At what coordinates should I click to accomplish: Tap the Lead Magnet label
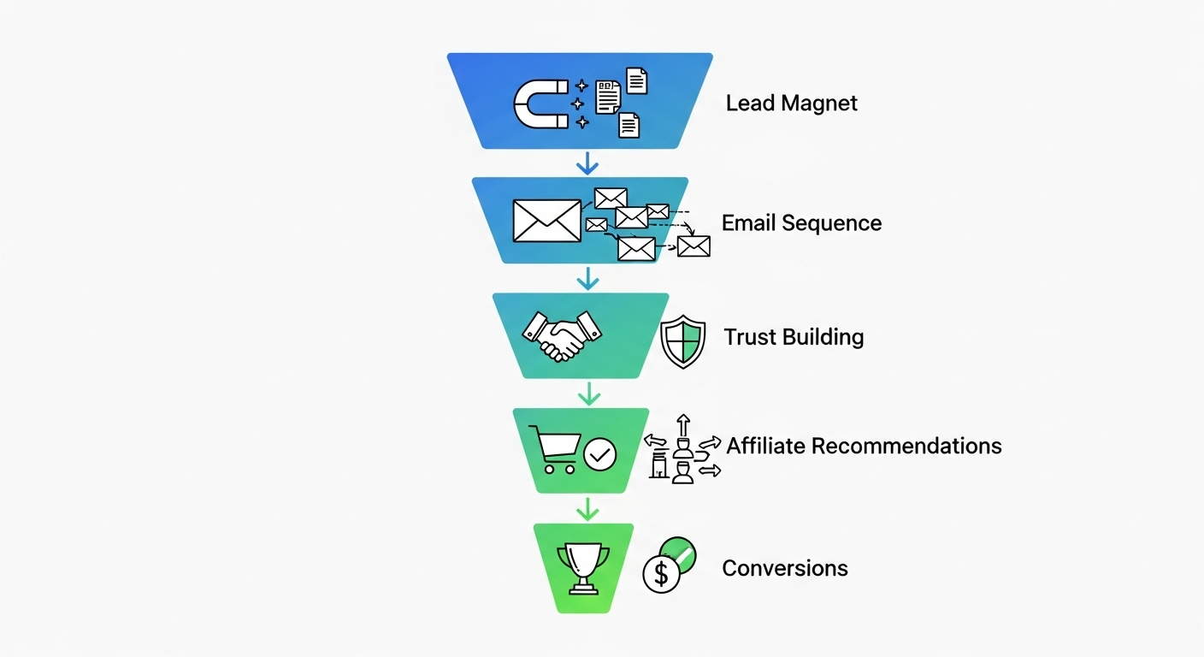[791, 104]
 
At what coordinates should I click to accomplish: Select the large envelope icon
[546, 220]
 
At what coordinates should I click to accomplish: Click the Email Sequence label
[801, 223]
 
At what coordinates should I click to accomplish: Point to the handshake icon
[561, 335]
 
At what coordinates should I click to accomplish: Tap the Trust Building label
[794, 337]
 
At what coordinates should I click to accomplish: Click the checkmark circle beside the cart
[599, 455]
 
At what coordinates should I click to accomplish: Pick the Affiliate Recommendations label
[864, 446]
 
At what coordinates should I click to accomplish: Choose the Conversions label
[785, 568]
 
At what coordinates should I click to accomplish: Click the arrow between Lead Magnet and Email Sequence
[587, 162]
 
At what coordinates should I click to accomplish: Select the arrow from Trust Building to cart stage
[587, 394]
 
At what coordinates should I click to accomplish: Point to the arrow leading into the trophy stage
[587, 509]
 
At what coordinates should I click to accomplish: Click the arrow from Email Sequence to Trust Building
[587, 278]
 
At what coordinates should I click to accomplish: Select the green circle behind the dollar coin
[681, 552]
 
